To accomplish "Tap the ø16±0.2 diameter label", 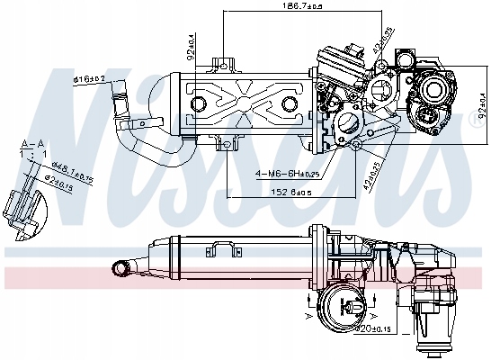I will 90,80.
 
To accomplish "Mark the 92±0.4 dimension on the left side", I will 190,42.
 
